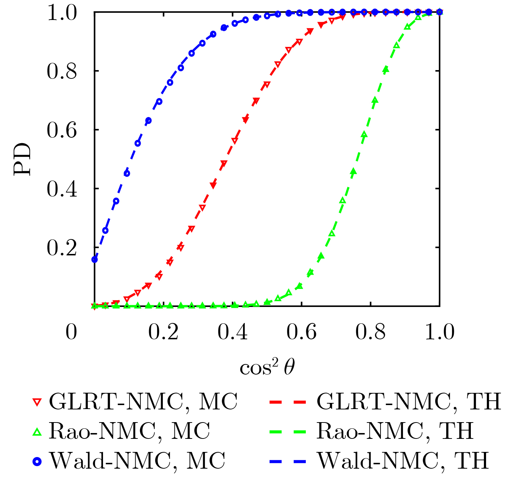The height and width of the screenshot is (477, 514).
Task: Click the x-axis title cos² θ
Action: click(x=267, y=368)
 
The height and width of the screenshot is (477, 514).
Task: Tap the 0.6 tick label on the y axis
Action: click(x=62, y=130)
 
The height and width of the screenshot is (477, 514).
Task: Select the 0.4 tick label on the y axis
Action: click(x=62, y=189)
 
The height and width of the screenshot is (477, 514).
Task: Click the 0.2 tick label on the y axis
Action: click(x=62, y=248)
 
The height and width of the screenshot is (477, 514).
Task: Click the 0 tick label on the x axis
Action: click(x=71, y=332)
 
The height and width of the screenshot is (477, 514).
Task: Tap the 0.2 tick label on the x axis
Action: click(x=164, y=332)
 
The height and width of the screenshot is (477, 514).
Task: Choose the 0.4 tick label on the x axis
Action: click(x=233, y=332)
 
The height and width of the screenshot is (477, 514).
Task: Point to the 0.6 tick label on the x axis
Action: click(x=301, y=332)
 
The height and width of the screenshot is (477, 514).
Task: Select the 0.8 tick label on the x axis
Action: click(x=370, y=332)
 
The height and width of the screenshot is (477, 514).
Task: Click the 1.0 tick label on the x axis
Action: click(x=439, y=332)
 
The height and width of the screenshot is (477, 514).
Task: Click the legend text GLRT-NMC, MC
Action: click(x=143, y=401)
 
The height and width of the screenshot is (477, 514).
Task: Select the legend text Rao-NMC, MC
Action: click(x=129, y=431)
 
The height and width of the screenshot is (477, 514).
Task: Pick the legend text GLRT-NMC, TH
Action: click(x=409, y=401)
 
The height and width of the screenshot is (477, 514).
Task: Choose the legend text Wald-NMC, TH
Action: click(x=403, y=461)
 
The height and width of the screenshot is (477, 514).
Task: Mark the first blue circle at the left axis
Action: click(x=95, y=259)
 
